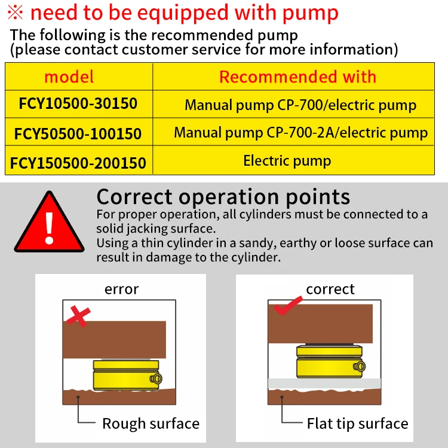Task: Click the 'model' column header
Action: click(69, 77)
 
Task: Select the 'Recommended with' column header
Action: click(297, 77)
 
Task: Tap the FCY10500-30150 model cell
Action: click(78, 104)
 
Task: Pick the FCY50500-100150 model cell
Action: click(78, 133)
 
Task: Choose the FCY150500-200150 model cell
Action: click(78, 161)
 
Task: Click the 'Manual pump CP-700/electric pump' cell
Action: click(300, 105)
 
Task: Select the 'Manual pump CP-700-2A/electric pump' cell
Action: click(300, 133)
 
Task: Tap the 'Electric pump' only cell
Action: click(287, 160)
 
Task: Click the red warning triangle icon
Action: click(50, 223)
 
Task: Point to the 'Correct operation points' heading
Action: click(223, 197)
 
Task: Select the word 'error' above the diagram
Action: click(121, 289)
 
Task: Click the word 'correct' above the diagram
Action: click(330, 289)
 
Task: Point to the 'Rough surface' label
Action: click(151, 423)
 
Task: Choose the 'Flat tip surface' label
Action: click(357, 423)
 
